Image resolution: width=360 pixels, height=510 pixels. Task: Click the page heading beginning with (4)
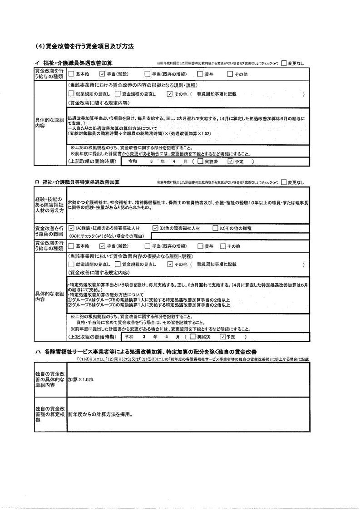[84, 46]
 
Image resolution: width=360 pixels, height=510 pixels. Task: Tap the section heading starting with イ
[74, 63]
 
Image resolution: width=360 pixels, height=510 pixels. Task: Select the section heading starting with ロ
[77, 182]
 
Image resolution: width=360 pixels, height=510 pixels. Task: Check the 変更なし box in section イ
[284, 63]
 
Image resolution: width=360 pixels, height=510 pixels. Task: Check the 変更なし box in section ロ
[284, 182]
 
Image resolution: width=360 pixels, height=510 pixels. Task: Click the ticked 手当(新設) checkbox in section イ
[103, 74]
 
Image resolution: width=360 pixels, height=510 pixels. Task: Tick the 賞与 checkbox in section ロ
[200, 246]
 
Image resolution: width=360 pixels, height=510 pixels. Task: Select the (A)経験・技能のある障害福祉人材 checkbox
[71, 228]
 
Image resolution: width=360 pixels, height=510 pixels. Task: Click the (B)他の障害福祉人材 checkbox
[155, 228]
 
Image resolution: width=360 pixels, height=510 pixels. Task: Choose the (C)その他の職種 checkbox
[216, 228]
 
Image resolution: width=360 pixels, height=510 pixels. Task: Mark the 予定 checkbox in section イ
[230, 161]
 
